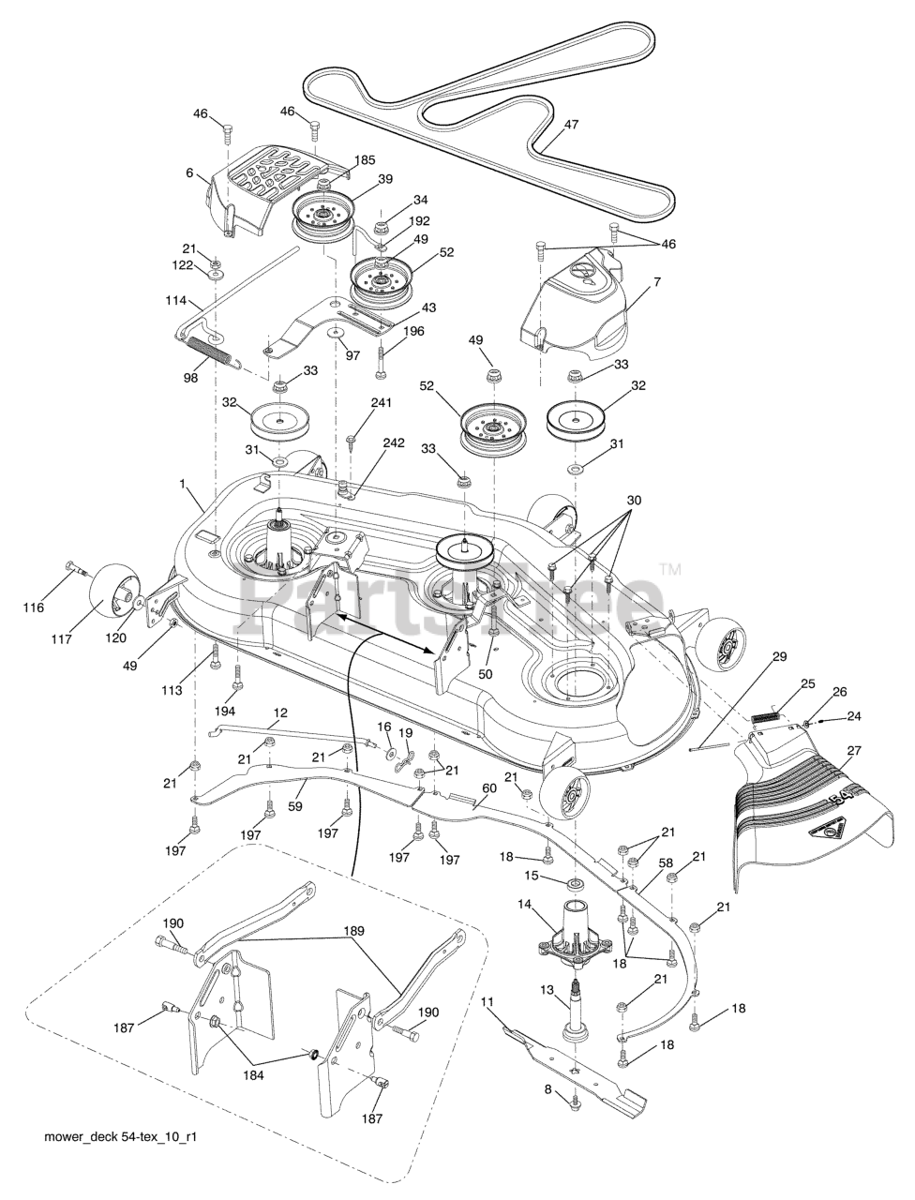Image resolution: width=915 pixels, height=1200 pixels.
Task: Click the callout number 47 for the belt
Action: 571,124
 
